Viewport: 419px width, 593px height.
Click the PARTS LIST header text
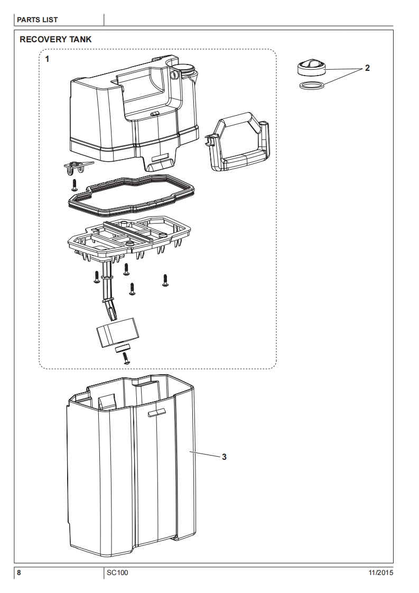click(38, 20)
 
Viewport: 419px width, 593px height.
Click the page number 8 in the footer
click(19, 573)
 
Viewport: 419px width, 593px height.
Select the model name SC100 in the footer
click(116, 573)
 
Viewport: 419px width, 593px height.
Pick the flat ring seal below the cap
click(309, 85)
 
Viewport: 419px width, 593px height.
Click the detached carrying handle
click(240, 145)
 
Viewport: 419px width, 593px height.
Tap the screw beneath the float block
click(126, 358)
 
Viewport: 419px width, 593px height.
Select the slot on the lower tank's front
click(156, 412)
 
